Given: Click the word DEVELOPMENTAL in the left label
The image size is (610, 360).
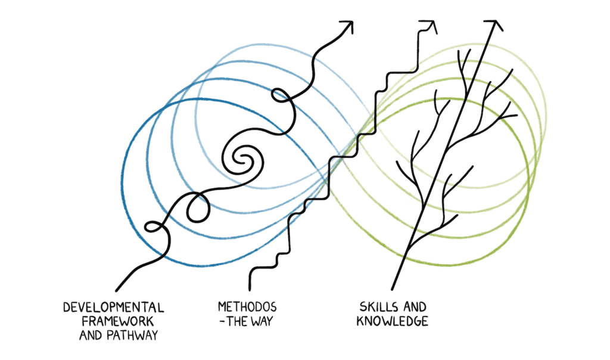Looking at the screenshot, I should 113,308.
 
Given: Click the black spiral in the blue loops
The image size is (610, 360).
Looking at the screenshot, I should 241,158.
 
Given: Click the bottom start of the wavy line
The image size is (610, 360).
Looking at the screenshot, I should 116,289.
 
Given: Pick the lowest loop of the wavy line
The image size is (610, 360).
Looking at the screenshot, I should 153,227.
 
